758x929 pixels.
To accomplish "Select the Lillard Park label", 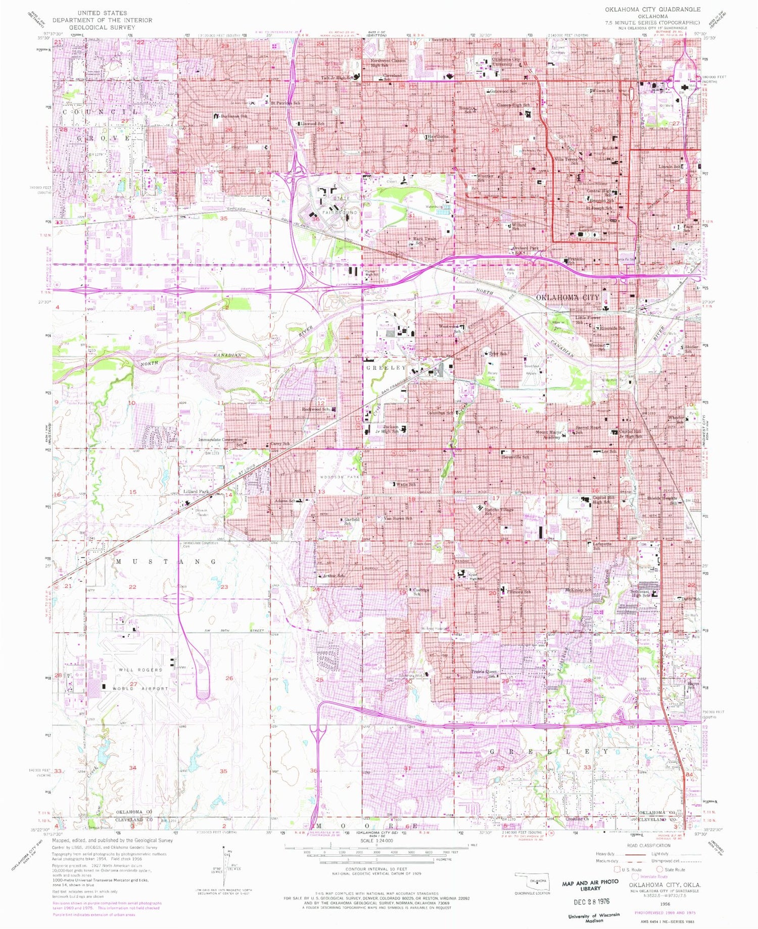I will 196,491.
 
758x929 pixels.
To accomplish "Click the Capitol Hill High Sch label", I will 601,499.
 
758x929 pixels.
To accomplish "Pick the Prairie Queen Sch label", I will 484,674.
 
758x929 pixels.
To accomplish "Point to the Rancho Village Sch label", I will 499,511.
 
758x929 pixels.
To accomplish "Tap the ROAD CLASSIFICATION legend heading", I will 648,845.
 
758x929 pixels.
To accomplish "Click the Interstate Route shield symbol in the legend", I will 635,876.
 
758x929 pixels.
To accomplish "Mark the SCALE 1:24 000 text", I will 371,841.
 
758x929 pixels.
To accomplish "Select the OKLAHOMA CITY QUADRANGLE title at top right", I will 653,10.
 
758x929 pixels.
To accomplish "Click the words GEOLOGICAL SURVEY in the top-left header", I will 102,27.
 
